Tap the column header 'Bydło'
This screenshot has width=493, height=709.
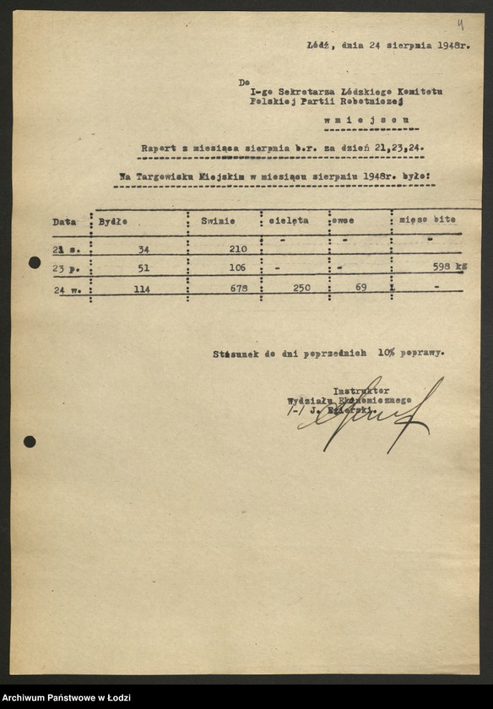112,220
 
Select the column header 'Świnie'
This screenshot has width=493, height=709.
218,220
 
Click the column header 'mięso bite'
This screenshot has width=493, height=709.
427,219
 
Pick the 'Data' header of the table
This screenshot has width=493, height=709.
64,222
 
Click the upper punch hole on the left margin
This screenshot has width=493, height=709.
35,262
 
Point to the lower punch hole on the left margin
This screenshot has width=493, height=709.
30,441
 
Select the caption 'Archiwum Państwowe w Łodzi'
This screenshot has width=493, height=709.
64,697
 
